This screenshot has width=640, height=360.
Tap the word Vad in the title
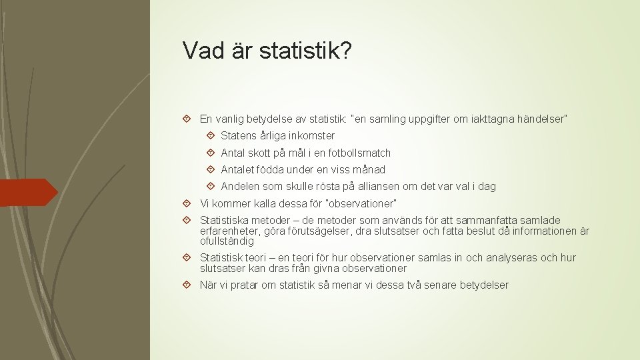coord(203,51)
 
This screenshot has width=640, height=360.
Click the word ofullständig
coord(227,241)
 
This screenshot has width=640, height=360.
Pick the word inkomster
coord(311,135)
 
